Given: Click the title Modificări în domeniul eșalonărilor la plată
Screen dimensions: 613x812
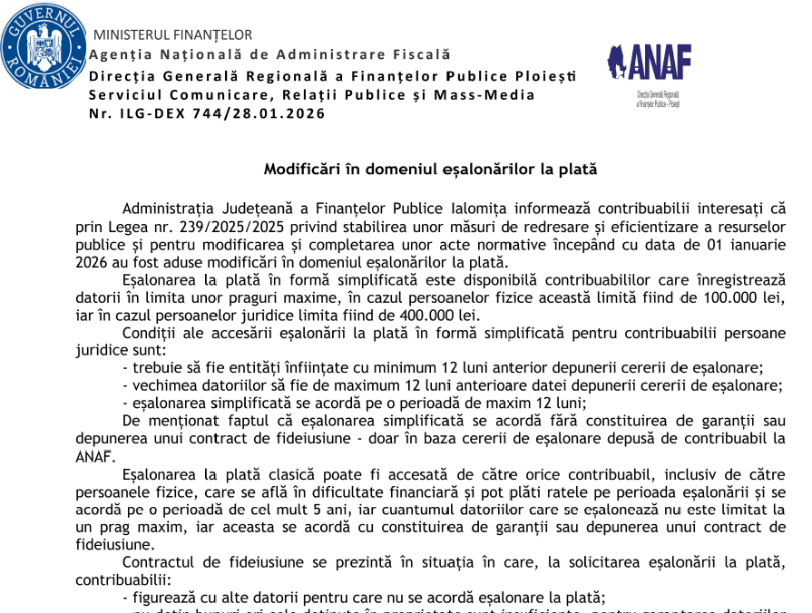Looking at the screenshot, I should [x=430, y=170].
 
